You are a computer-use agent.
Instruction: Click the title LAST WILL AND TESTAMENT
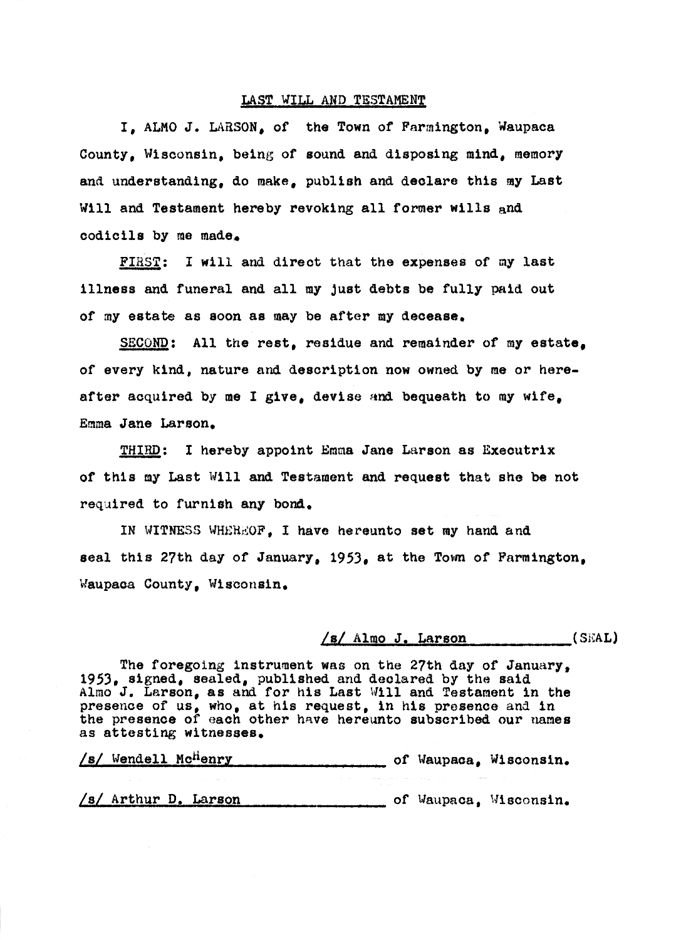click(x=333, y=100)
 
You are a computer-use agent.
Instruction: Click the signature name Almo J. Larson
click(x=410, y=639)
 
